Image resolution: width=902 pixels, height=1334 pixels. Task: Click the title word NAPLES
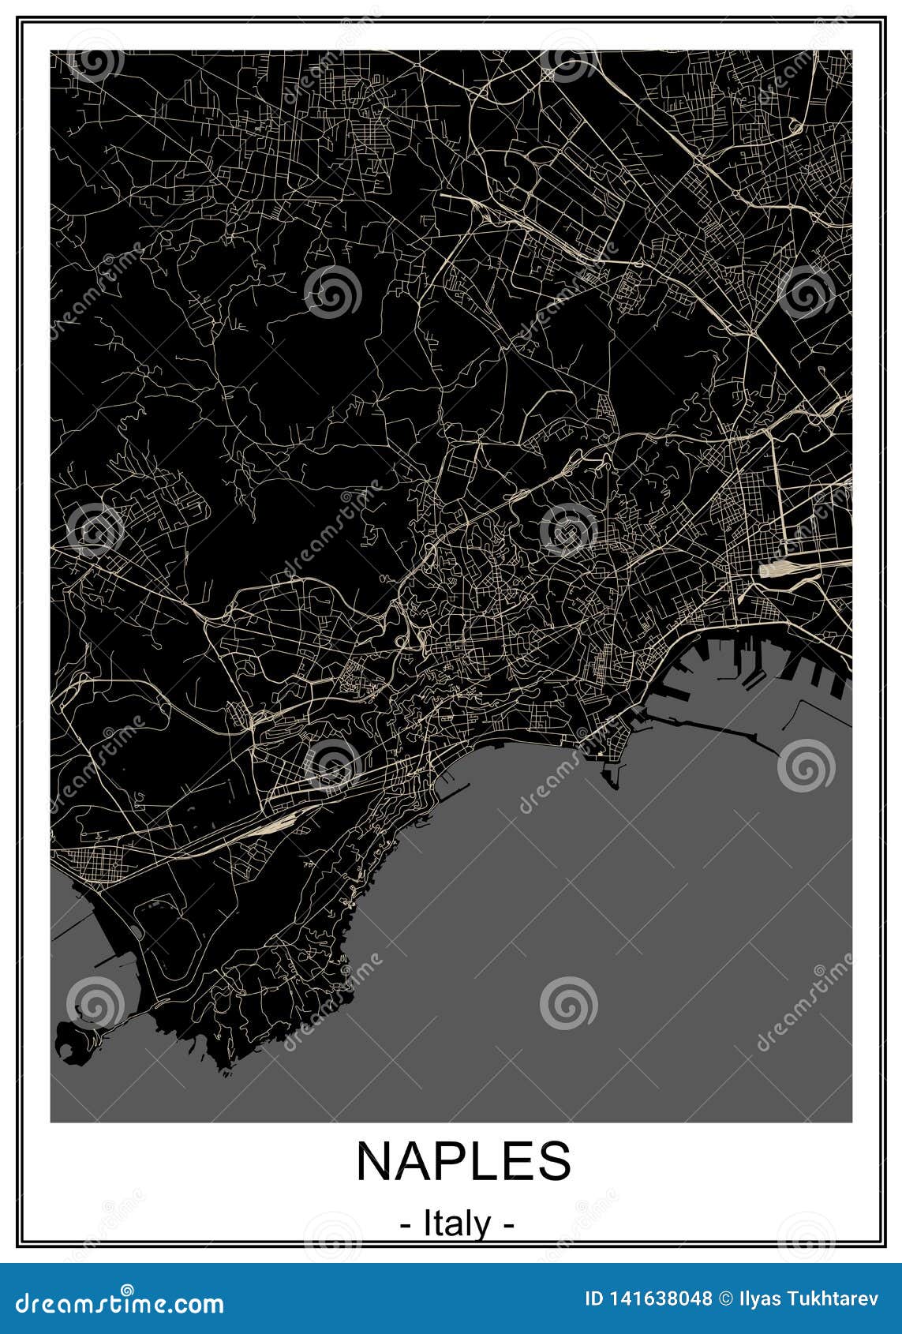pyautogui.click(x=463, y=1161)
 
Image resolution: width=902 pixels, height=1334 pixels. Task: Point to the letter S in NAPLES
pyautogui.click(x=554, y=1161)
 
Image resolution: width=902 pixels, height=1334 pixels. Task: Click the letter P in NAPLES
pyautogui.click(x=450, y=1161)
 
